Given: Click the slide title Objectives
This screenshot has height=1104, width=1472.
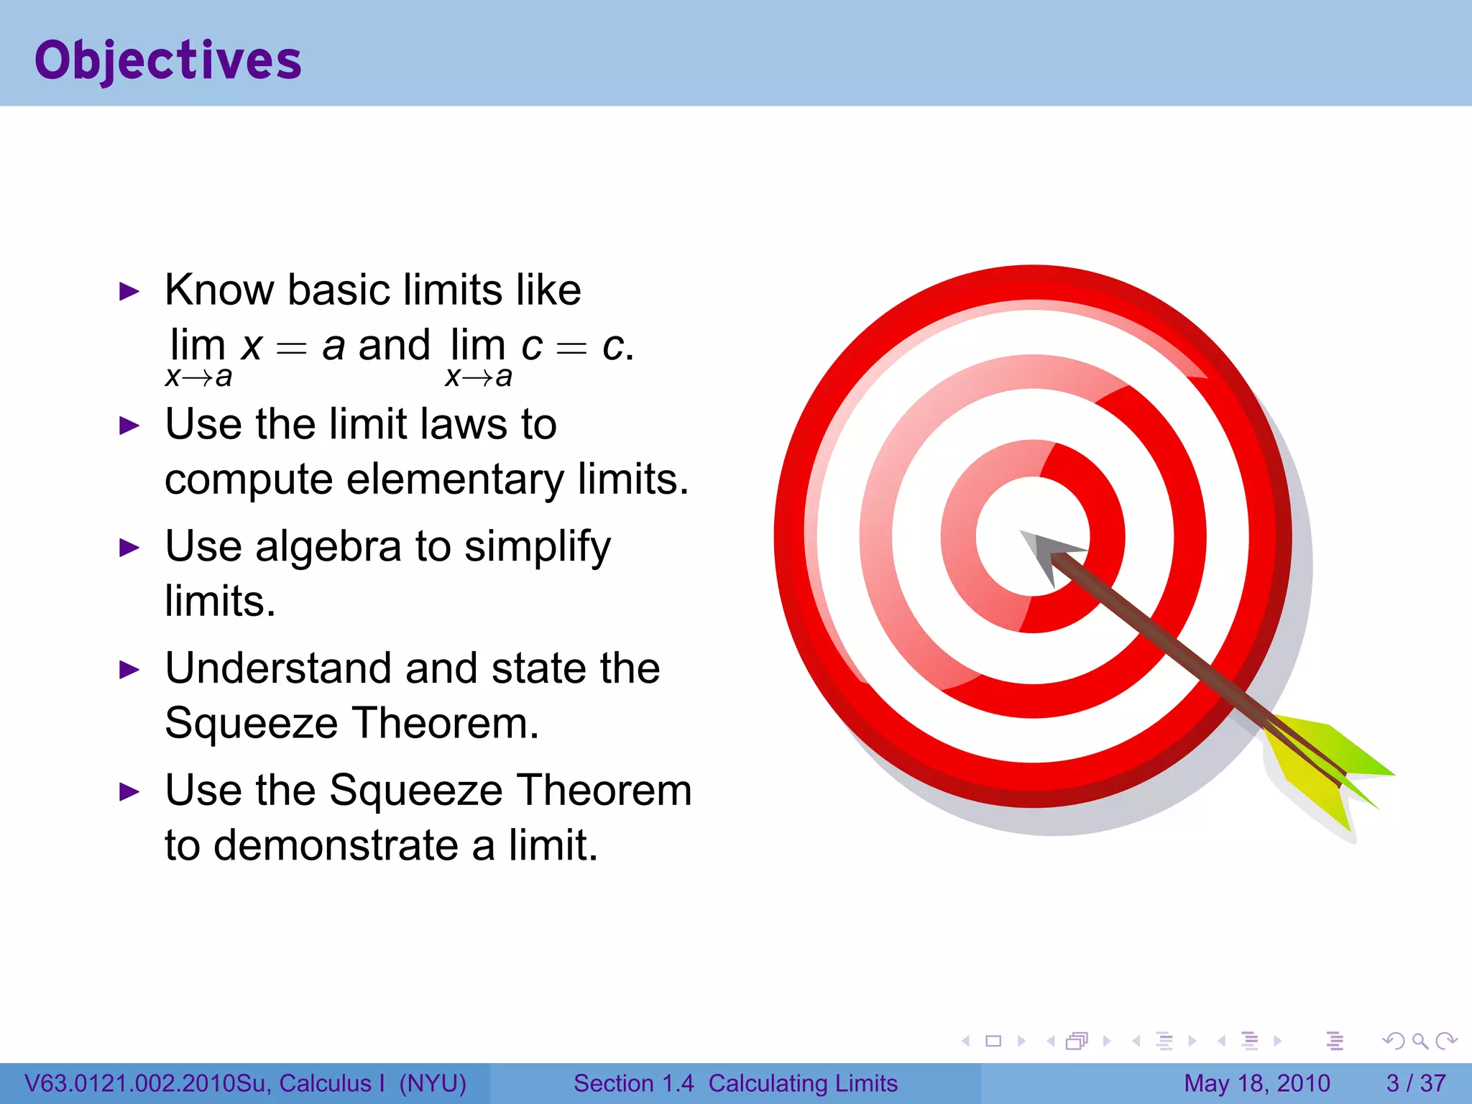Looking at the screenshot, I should click(168, 60).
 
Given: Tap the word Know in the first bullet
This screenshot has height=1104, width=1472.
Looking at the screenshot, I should click(219, 290).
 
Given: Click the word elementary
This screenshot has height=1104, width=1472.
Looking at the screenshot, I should click(455, 479).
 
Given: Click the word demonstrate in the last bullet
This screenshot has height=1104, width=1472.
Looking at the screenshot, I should click(336, 845).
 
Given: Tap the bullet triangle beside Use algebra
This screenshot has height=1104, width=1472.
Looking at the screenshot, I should click(129, 548).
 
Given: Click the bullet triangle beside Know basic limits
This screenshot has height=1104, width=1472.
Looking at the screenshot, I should click(129, 292).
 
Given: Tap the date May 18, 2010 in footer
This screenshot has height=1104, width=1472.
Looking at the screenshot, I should click(1257, 1083).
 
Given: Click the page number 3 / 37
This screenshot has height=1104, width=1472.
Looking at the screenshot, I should click(1415, 1083).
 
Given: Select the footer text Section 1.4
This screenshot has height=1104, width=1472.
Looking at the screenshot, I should click(633, 1083).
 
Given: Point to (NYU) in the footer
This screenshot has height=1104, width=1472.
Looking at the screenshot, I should click(433, 1083).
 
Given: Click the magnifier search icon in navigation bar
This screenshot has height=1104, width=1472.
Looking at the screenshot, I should click(1420, 1041).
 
